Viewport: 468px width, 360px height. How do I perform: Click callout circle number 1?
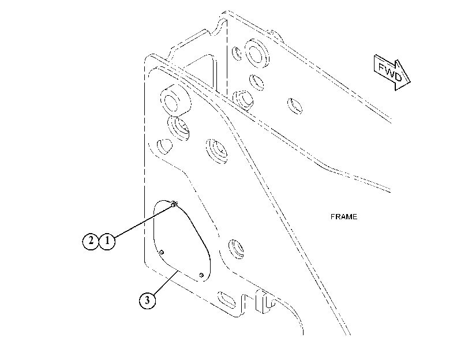point(107,241)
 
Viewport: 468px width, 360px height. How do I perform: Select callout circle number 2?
point(91,241)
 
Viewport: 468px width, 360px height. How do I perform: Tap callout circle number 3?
point(147,301)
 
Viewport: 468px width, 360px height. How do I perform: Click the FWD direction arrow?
point(392,72)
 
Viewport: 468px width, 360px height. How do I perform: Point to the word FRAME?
point(344,217)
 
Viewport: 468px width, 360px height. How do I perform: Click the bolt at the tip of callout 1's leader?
point(174,205)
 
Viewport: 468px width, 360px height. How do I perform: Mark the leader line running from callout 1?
point(143,222)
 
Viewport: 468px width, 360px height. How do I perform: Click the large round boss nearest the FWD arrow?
point(256,53)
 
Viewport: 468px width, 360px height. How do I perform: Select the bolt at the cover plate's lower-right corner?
point(201,275)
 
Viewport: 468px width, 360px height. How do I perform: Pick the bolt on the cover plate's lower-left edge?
point(162,253)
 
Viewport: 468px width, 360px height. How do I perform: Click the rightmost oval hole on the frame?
point(294,106)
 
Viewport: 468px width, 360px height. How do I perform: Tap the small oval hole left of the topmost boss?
point(237,54)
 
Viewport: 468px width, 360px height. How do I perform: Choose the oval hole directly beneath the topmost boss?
point(256,82)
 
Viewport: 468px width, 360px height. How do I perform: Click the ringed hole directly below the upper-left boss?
point(178,127)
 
